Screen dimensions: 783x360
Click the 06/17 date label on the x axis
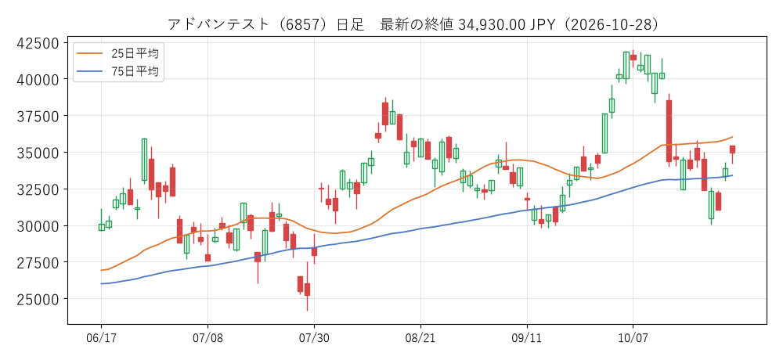tap(101, 337)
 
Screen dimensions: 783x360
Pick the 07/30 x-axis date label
tap(314, 337)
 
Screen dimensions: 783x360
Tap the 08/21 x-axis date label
tap(420, 337)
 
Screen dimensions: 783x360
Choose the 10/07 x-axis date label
tap(633, 337)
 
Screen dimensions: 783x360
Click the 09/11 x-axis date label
tap(527, 337)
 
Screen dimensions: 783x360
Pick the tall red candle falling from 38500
tap(669, 131)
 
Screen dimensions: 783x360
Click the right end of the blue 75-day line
tap(733, 175)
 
